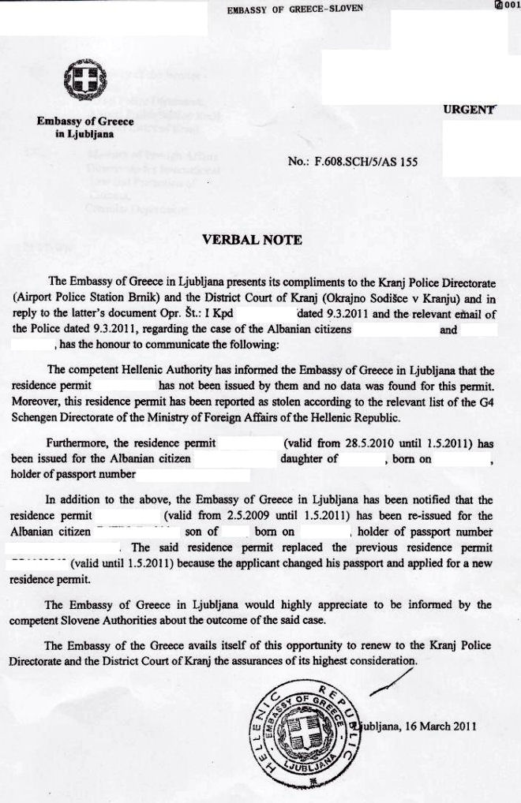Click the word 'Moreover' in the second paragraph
36,402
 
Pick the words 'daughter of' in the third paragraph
309,458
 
